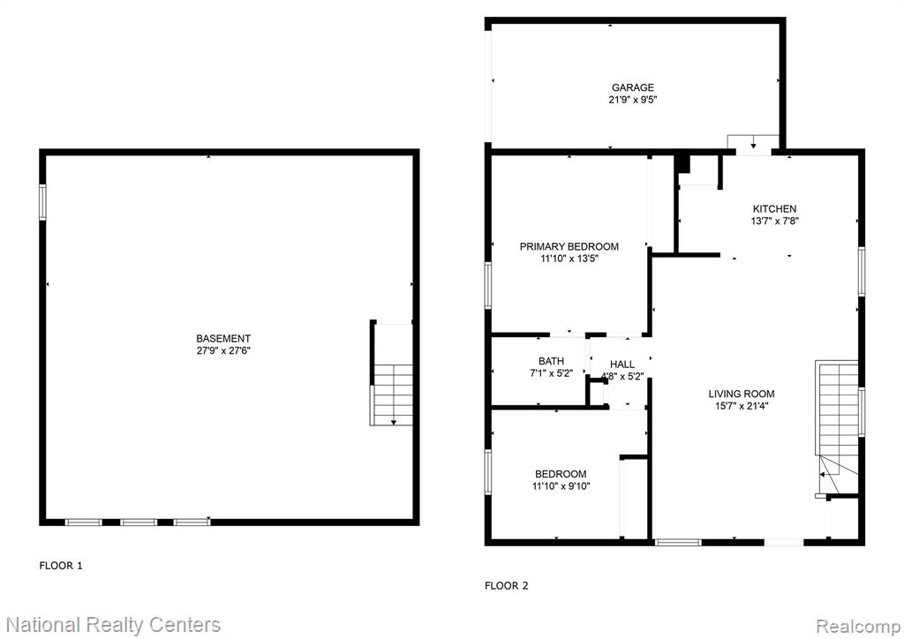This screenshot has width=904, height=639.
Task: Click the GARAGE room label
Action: tap(632, 87)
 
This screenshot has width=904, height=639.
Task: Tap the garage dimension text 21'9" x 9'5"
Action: tap(633, 100)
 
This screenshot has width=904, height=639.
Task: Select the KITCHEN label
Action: tap(774, 208)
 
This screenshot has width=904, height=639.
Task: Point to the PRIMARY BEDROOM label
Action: tap(569, 246)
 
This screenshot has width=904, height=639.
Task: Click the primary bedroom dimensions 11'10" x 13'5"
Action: tap(569, 259)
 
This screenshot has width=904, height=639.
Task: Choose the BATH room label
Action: tap(551, 361)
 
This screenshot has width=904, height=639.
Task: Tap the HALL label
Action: tap(622, 365)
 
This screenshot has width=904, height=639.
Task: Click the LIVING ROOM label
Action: tap(742, 395)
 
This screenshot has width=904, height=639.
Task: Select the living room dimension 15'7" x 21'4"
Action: tap(741, 406)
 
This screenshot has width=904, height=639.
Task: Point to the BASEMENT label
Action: tap(223, 339)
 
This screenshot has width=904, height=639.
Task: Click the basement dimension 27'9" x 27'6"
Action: tap(223, 350)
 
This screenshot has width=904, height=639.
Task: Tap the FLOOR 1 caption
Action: tap(61, 566)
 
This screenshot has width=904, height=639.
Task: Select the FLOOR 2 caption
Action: tap(506, 586)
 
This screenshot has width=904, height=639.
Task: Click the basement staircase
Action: tap(391, 395)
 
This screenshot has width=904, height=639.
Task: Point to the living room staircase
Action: tap(838, 426)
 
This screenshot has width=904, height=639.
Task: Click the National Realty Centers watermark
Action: tap(113, 625)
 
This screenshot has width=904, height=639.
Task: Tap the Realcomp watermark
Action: tap(858, 626)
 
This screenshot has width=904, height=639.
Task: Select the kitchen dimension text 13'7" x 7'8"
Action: tap(774, 221)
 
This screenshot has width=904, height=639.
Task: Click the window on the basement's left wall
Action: tap(42, 201)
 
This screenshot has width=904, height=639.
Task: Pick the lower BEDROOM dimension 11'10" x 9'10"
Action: tap(561, 486)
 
